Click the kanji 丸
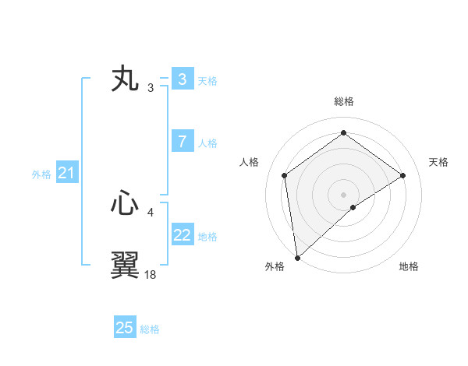(x=125, y=80)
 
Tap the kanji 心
(x=125, y=205)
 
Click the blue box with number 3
(x=182, y=79)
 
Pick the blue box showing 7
(x=182, y=142)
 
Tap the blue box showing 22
(x=182, y=235)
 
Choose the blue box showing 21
(x=66, y=174)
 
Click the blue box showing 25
(x=124, y=328)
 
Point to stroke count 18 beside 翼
(x=151, y=274)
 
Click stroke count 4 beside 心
(x=151, y=212)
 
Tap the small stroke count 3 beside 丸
(x=151, y=87)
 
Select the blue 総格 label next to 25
(x=150, y=329)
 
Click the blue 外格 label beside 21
(x=41, y=174)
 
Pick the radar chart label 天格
(x=438, y=162)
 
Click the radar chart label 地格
(x=409, y=266)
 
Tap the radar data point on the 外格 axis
(x=296, y=257)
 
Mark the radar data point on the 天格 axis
(x=402, y=175)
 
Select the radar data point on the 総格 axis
(x=343, y=133)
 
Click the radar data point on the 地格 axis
(x=353, y=207)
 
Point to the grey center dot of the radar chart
(x=343, y=194)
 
